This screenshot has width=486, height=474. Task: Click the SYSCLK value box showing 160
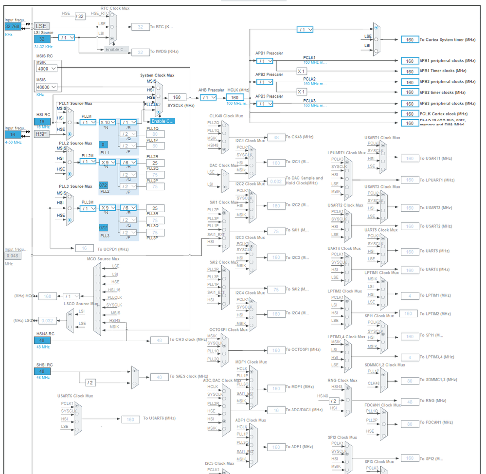click(x=177, y=97)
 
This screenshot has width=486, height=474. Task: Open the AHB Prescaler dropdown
click(x=208, y=97)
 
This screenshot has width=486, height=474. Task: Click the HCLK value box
click(x=234, y=97)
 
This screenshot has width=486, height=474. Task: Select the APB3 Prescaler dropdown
click(x=264, y=104)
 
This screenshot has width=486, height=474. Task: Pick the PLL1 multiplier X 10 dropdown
click(x=108, y=122)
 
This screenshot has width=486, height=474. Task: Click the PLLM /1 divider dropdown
click(x=88, y=122)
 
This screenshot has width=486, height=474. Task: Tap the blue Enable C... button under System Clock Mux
click(x=162, y=121)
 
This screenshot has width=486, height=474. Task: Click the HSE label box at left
click(x=41, y=134)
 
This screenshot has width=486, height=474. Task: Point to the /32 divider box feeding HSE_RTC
click(x=80, y=16)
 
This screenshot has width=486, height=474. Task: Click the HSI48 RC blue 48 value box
click(x=42, y=341)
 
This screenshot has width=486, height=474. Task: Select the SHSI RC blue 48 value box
click(x=42, y=371)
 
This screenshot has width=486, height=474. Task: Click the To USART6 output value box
click(x=130, y=419)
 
